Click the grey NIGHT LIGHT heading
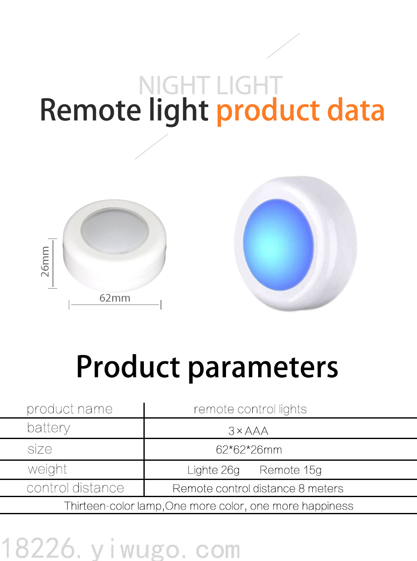211,85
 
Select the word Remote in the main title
90,109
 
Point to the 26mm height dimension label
45,261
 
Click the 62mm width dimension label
115,298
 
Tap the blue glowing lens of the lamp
278,245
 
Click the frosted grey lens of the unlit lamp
115,231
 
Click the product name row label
70,409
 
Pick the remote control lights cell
250,409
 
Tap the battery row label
48,429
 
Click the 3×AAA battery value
248,431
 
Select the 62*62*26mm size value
249,450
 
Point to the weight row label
47,470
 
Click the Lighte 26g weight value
214,470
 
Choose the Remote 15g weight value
291,470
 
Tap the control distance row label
75,488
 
